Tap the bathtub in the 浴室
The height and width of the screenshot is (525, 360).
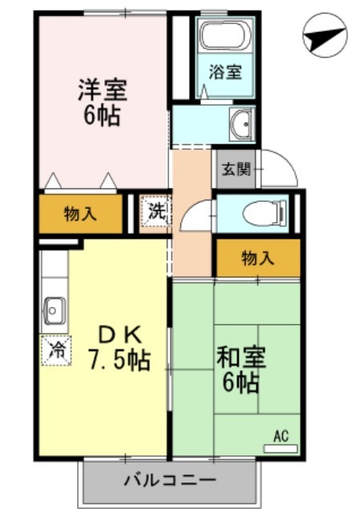(x=225, y=37)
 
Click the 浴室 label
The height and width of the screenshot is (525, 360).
(x=225, y=72)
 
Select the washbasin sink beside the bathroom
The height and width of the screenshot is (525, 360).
(x=240, y=123)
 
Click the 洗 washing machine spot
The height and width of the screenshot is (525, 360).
(x=156, y=212)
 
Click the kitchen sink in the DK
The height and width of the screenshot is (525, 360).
(x=55, y=308)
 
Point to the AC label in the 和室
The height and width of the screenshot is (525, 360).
(x=281, y=437)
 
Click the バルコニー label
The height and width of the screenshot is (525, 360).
(x=169, y=482)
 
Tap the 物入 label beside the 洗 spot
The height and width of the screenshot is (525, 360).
(x=80, y=214)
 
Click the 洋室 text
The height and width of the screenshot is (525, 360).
(x=101, y=89)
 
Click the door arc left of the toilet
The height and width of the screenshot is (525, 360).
(x=196, y=216)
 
